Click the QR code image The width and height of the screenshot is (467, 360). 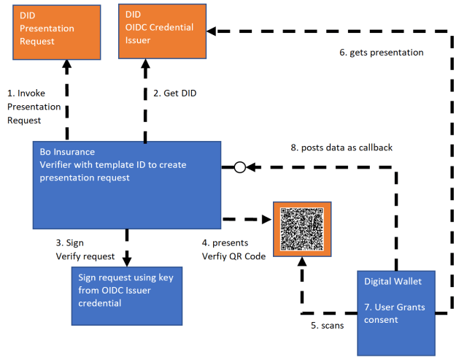click(301, 229)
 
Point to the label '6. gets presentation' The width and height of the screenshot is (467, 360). click(382, 53)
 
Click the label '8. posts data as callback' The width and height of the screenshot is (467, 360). click(341, 148)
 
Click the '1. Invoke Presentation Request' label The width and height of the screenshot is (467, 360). click(34, 107)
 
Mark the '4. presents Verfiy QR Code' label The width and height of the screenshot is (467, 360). click(233, 249)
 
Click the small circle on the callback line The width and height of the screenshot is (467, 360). click(239, 167)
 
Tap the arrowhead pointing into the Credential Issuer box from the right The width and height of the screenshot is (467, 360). click(212, 31)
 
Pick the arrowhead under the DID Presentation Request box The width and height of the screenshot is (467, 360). click(66, 66)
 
